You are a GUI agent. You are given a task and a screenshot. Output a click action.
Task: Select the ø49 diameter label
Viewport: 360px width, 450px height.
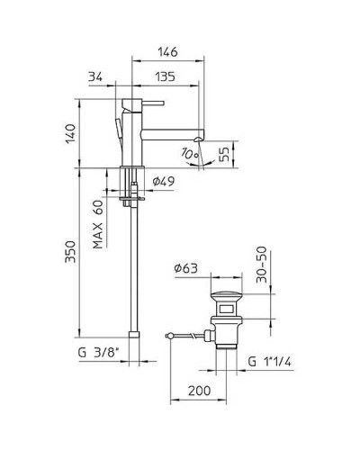(x=163, y=182)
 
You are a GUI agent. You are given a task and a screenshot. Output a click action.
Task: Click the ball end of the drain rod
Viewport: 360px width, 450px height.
(x=170, y=336)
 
